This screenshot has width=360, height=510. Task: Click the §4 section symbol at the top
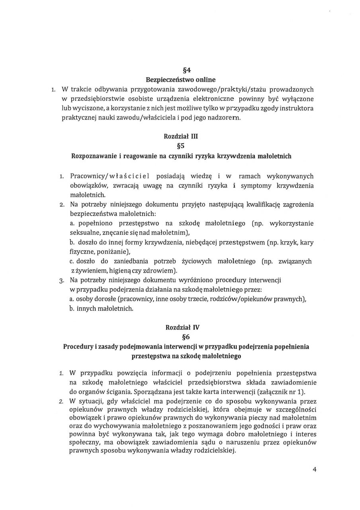181,71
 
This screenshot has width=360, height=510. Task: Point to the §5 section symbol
181,146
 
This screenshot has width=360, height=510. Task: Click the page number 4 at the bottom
315,469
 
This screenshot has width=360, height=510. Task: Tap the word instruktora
296,108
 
